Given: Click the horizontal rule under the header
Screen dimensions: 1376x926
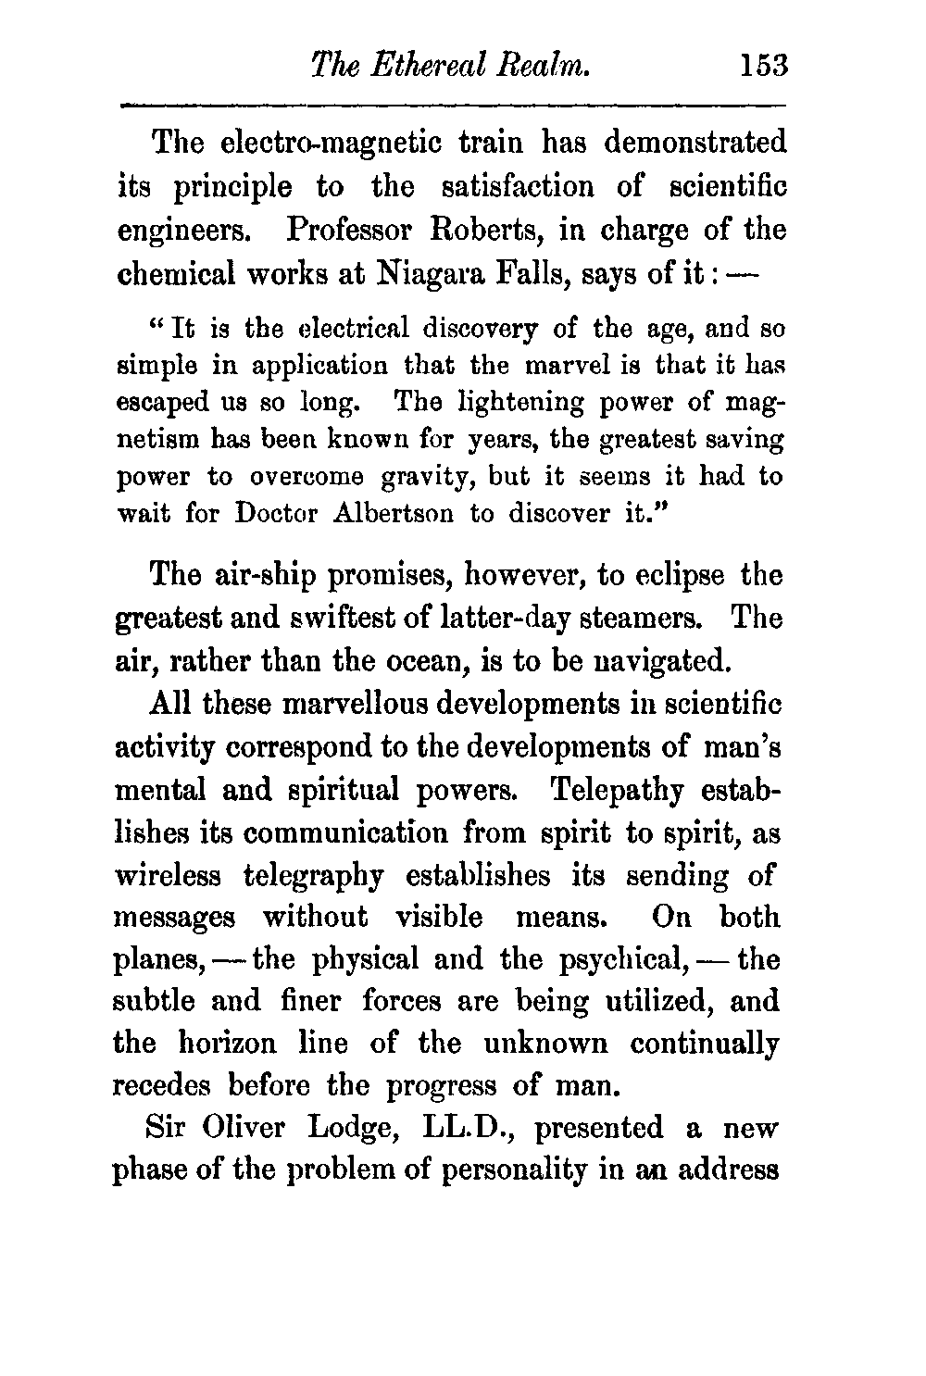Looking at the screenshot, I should coord(453,105).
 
